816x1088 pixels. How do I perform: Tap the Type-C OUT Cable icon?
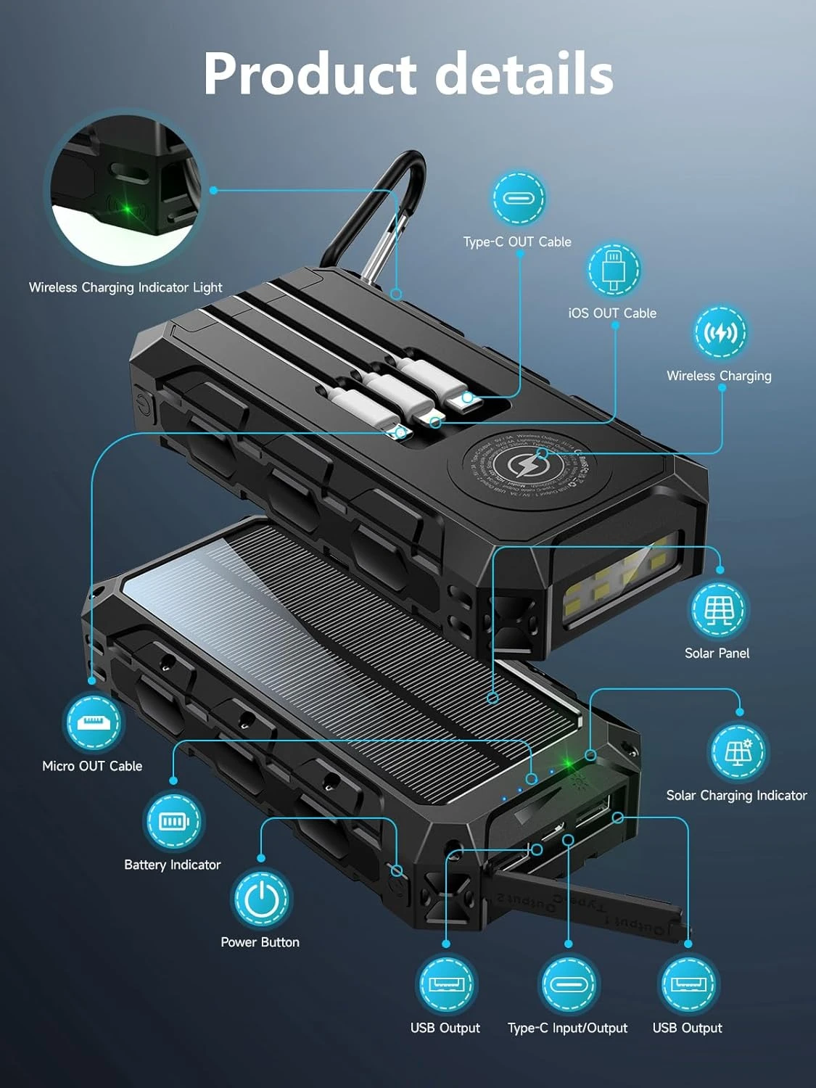[x=519, y=198]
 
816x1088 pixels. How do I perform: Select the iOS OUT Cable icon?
[x=613, y=269]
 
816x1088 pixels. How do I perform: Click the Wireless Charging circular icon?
[x=720, y=333]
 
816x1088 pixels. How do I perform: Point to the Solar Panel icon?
[x=717, y=610]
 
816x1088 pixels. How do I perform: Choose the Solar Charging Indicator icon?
[x=738, y=751]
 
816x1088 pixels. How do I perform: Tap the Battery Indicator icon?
[x=173, y=820]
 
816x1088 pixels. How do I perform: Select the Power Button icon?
[x=261, y=899]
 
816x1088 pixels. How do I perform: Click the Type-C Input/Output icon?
[x=568, y=984]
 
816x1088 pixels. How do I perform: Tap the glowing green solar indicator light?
[x=569, y=764]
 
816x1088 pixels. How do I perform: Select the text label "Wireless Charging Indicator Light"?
[x=125, y=287]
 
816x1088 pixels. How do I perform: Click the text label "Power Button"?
[x=260, y=942]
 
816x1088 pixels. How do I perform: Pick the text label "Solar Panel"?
[x=717, y=653]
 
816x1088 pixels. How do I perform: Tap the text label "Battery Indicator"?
[x=173, y=865]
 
